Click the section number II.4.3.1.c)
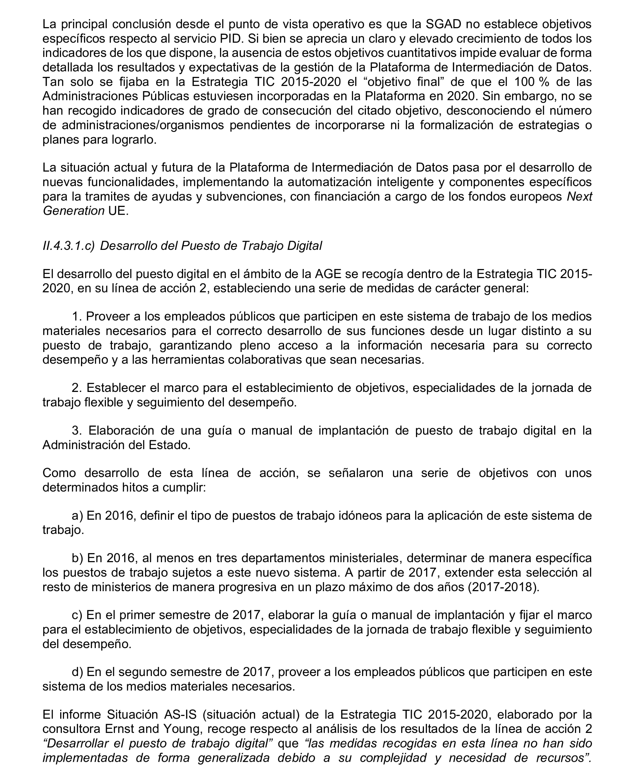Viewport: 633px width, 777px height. tap(68, 246)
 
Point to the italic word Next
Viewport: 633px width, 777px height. tap(579, 197)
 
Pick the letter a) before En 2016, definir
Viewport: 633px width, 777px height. tap(77, 516)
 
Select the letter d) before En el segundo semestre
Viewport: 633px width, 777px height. tap(77, 672)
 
